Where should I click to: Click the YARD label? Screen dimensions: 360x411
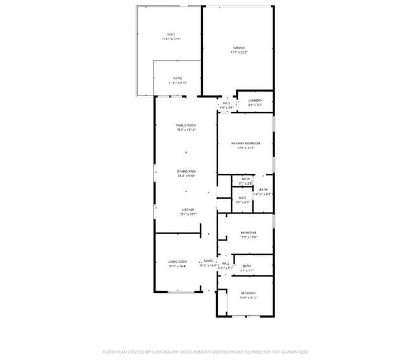171,34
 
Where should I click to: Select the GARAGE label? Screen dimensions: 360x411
238,47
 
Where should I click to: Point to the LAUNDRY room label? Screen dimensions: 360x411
255,101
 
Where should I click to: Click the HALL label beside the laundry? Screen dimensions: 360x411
226,102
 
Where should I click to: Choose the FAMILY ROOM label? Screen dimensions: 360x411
185,125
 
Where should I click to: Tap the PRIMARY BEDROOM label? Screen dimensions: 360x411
245,144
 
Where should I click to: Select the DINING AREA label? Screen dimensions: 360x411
185,171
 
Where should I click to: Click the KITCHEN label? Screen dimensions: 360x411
188,209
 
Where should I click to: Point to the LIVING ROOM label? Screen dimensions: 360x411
178,261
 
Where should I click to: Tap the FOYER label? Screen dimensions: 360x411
208,261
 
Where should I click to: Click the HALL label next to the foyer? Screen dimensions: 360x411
225,263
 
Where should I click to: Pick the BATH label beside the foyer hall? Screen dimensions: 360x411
247,266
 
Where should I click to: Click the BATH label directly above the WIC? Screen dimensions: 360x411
242,179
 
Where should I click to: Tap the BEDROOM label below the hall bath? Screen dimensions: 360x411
248,294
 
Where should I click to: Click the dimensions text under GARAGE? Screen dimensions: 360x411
238,53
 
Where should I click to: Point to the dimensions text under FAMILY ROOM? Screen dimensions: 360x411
185,130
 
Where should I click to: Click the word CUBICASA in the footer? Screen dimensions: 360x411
164,351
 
